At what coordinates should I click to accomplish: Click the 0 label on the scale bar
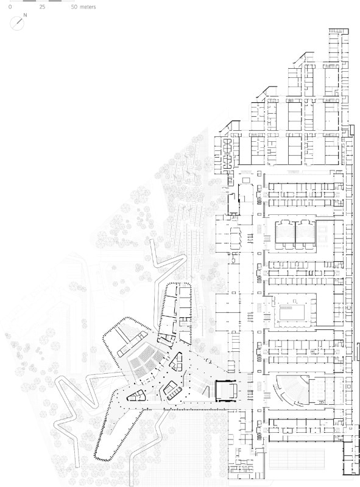click(10, 7)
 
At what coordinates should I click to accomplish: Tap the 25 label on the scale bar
click(42, 7)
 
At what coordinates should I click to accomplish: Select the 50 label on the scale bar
click(74, 7)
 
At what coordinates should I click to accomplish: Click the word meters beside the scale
click(88, 7)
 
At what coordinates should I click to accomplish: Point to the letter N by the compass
click(25, 15)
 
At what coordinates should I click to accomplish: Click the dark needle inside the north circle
click(19, 21)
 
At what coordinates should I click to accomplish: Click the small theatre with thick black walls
click(227, 390)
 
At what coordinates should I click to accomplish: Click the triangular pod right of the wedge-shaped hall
click(176, 362)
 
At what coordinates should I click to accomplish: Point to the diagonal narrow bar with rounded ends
click(132, 343)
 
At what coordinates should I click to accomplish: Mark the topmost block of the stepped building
click(339, 45)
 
